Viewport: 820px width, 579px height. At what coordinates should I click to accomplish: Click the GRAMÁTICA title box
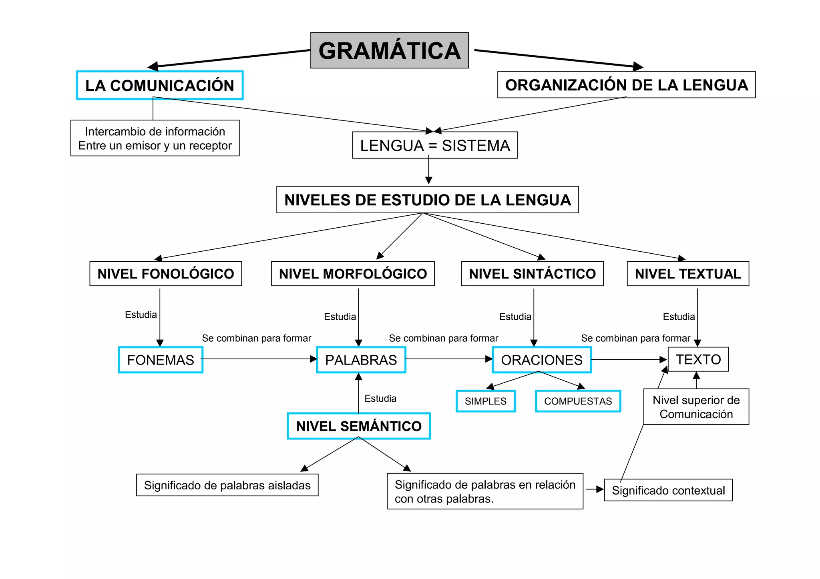(389, 50)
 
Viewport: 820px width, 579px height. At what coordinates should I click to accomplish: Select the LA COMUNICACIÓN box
(159, 85)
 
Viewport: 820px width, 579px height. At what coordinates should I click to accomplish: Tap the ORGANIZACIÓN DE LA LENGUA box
(626, 85)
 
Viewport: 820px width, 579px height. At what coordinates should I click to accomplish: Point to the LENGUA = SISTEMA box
(435, 145)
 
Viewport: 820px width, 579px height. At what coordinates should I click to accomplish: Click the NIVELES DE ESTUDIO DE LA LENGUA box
(427, 200)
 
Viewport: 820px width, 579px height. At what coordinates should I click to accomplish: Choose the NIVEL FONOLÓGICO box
(165, 274)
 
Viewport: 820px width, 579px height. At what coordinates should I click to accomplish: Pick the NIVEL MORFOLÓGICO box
(353, 274)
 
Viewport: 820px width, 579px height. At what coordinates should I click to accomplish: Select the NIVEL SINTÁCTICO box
(532, 274)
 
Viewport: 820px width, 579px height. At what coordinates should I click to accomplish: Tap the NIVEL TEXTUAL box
(688, 274)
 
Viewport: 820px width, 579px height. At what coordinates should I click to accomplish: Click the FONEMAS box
(161, 360)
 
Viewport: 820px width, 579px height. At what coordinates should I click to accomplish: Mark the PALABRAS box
(361, 360)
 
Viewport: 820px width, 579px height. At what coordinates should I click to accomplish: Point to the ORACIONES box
(542, 360)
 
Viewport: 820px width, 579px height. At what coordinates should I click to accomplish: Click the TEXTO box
(698, 359)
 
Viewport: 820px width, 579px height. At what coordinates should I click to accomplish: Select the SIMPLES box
(486, 401)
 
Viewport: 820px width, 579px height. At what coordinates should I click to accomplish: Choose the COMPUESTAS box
(578, 401)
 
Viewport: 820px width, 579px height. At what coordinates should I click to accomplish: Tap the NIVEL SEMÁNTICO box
(359, 426)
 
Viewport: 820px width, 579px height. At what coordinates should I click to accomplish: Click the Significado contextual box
(668, 490)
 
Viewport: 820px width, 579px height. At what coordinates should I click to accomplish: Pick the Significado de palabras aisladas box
(227, 485)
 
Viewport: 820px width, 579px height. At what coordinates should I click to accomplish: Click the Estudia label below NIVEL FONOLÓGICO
(141, 315)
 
